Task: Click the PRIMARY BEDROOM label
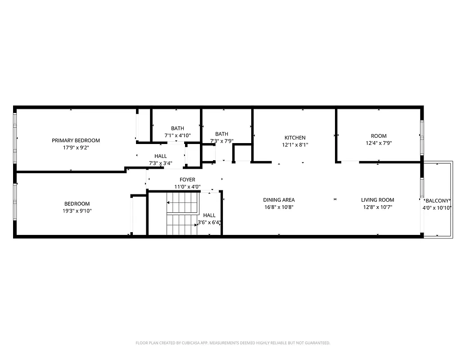[76, 140]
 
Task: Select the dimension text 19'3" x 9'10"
[77, 211]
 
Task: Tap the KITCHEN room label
[295, 138]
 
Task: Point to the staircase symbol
[182, 213]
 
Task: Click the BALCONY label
[437, 201]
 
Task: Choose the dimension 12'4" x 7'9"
[379, 143]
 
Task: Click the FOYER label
[187, 180]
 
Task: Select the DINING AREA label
[279, 200]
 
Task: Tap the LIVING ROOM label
[377, 200]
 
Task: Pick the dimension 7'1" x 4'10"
[177, 135]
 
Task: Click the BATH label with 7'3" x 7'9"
[222, 134]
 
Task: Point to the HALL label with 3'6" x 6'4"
[209, 216]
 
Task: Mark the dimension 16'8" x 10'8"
[279, 207]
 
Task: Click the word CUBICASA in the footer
[191, 343]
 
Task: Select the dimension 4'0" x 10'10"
[437, 208]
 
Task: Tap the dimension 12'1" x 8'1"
[295, 145]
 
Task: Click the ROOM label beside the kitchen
[379, 136]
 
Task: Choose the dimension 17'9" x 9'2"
[76, 148]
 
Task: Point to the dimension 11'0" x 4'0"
[187, 187]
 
